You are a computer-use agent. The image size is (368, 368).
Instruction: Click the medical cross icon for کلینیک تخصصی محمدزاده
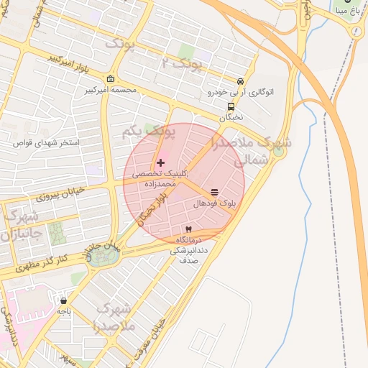(x=160, y=163)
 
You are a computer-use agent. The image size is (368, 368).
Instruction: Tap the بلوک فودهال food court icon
(x=214, y=193)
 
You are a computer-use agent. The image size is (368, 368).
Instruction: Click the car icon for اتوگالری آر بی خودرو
(x=240, y=81)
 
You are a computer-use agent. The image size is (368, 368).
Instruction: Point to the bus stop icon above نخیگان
(x=231, y=105)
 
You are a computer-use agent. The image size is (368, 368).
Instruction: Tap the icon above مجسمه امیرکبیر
(x=109, y=79)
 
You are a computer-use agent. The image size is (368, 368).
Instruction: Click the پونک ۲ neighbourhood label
(x=183, y=65)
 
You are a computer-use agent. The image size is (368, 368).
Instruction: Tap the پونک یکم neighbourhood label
(x=149, y=132)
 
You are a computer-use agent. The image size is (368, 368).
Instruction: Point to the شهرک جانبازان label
(x=22, y=225)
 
